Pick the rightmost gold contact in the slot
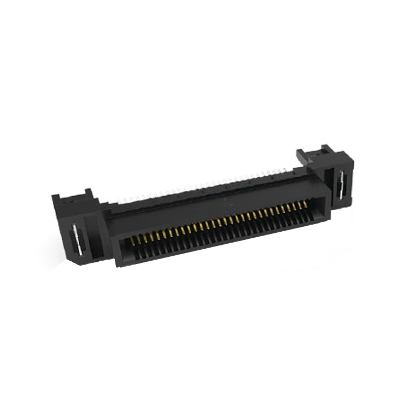point(305,204)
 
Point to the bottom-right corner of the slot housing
point(330,217)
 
